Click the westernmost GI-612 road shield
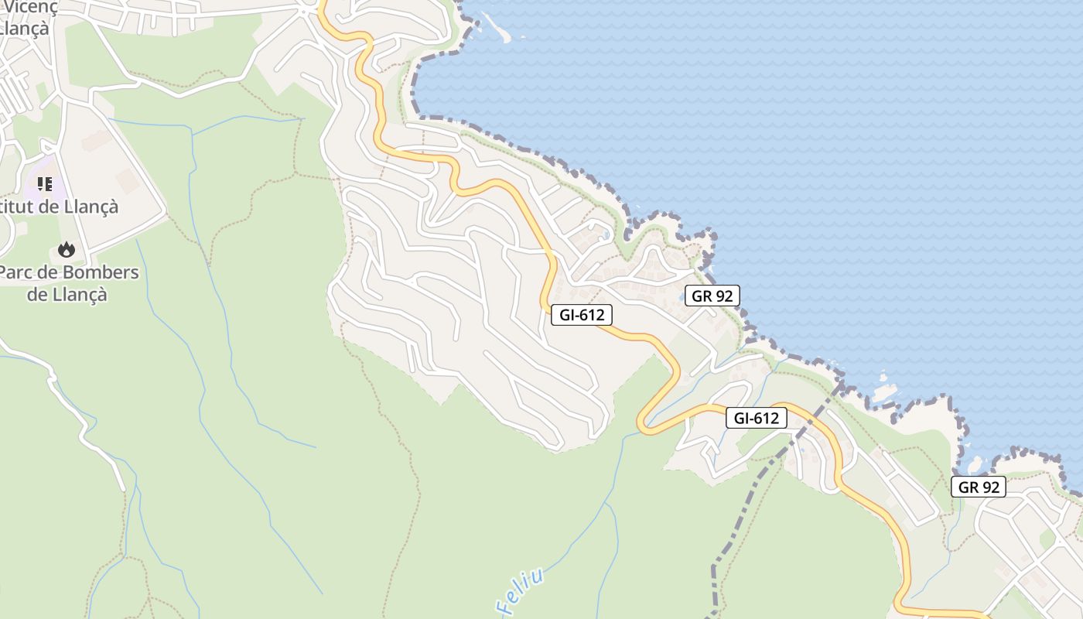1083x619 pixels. click(x=582, y=315)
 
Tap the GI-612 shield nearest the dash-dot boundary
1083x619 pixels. click(x=756, y=419)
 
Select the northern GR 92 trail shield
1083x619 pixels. click(x=712, y=296)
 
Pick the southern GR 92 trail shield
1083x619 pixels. click(x=979, y=487)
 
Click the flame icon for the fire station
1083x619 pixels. click(x=67, y=249)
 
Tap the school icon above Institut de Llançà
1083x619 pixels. click(x=45, y=184)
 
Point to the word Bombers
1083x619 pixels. click(x=100, y=273)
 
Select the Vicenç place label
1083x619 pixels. click(x=31, y=7)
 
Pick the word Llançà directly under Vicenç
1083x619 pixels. click(x=25, y=28)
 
